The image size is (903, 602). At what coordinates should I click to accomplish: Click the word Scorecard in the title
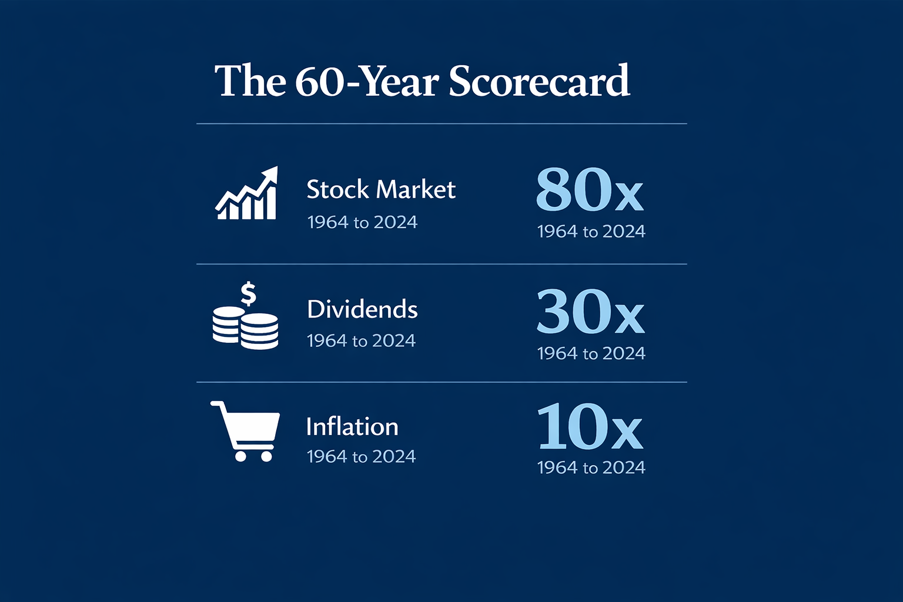539,81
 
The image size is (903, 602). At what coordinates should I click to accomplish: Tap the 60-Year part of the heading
366,81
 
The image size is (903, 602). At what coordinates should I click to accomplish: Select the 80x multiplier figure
590,189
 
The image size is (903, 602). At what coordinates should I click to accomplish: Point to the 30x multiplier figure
591,311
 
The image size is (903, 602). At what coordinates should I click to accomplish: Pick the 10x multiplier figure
590,426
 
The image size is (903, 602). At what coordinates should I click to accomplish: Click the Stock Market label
381,189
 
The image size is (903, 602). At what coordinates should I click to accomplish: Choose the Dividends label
362,309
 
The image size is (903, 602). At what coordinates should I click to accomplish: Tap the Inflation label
352,426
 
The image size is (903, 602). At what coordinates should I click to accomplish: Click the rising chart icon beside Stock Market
246,193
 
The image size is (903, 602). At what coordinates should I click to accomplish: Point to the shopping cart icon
245,432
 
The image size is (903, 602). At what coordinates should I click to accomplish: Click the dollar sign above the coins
248,293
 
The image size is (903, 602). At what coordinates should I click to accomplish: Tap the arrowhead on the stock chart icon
270,175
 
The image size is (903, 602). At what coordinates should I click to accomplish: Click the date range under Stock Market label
362,223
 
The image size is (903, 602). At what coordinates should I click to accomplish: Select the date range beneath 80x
591,232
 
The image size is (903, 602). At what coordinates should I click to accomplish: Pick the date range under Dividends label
361,341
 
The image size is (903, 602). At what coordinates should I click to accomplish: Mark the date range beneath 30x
591,354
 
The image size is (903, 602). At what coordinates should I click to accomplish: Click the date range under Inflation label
361,457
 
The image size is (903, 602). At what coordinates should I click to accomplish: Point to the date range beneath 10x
591,468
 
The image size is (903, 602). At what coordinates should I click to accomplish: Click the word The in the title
250,81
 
